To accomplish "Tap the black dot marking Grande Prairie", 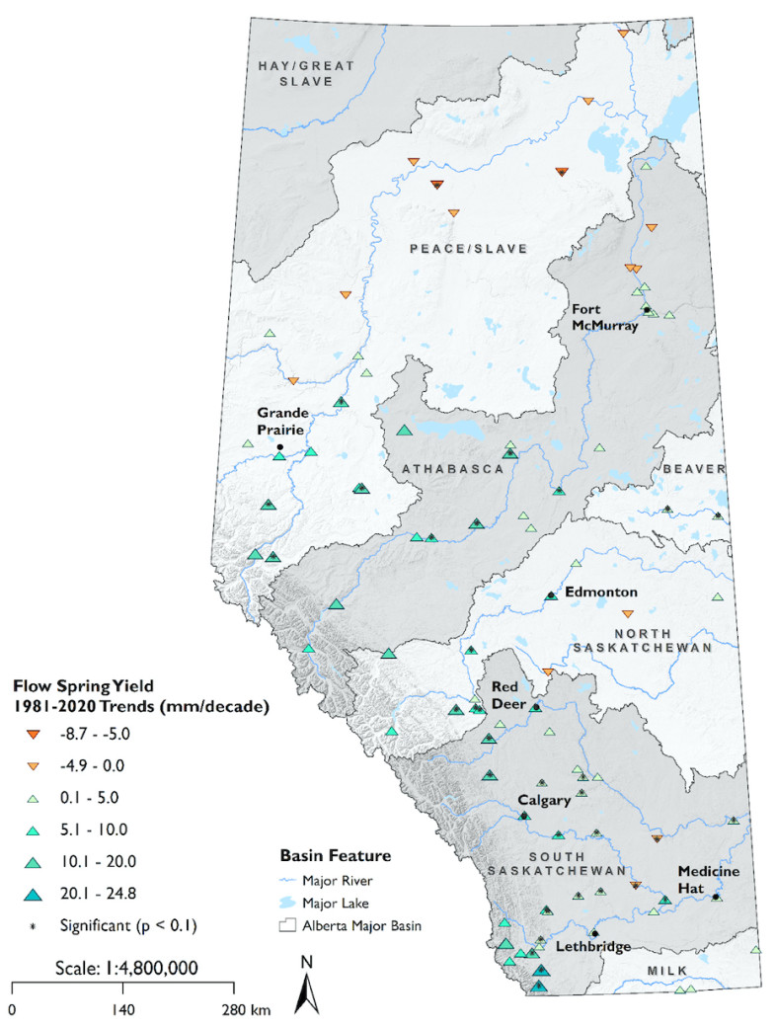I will click(279, 447).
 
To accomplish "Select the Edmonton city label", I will click(600, 592).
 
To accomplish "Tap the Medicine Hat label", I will click(705, 879).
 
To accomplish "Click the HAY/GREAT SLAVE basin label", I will click(306, 73).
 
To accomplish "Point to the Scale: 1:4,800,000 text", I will click(122, 968).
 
